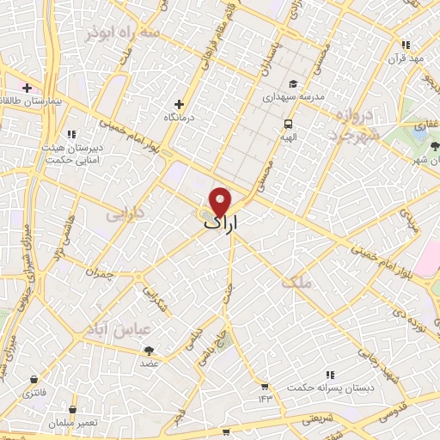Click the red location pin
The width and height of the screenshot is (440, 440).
(221, 201)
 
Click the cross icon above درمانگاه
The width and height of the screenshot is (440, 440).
(179, 103)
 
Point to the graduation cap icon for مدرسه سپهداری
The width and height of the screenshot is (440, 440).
(293, 84)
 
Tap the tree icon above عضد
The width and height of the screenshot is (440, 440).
(149, 350)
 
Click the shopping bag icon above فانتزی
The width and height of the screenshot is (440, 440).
(34, 379)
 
